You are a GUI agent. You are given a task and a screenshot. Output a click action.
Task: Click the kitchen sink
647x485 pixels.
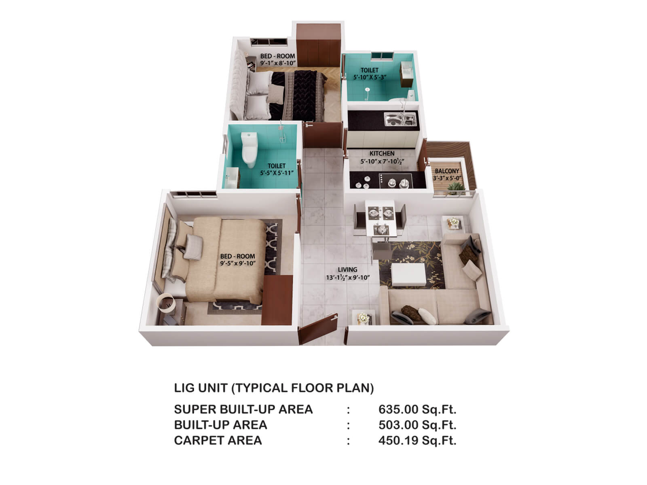400,119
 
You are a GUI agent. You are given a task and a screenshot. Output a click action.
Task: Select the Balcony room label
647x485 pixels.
447,171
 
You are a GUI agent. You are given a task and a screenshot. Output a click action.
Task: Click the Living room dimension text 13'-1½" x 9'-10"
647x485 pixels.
348,278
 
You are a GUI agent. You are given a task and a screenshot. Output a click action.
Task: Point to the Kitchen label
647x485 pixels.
382,154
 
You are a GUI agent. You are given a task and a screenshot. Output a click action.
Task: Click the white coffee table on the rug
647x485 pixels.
408,274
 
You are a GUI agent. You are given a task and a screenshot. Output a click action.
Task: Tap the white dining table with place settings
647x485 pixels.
380,218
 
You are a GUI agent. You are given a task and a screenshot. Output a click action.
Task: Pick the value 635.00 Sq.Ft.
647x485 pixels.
417,409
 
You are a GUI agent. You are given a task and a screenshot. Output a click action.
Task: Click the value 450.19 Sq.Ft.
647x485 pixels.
417,440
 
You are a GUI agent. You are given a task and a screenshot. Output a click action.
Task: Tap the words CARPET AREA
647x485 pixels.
218,440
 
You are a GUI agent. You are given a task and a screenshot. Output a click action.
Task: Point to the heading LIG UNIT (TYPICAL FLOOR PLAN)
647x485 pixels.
274,388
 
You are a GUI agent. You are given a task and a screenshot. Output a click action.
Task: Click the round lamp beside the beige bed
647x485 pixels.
166,303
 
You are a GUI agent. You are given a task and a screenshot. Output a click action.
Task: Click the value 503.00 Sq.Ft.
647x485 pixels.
417,425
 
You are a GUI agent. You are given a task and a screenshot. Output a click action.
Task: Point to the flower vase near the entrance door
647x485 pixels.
364,317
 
